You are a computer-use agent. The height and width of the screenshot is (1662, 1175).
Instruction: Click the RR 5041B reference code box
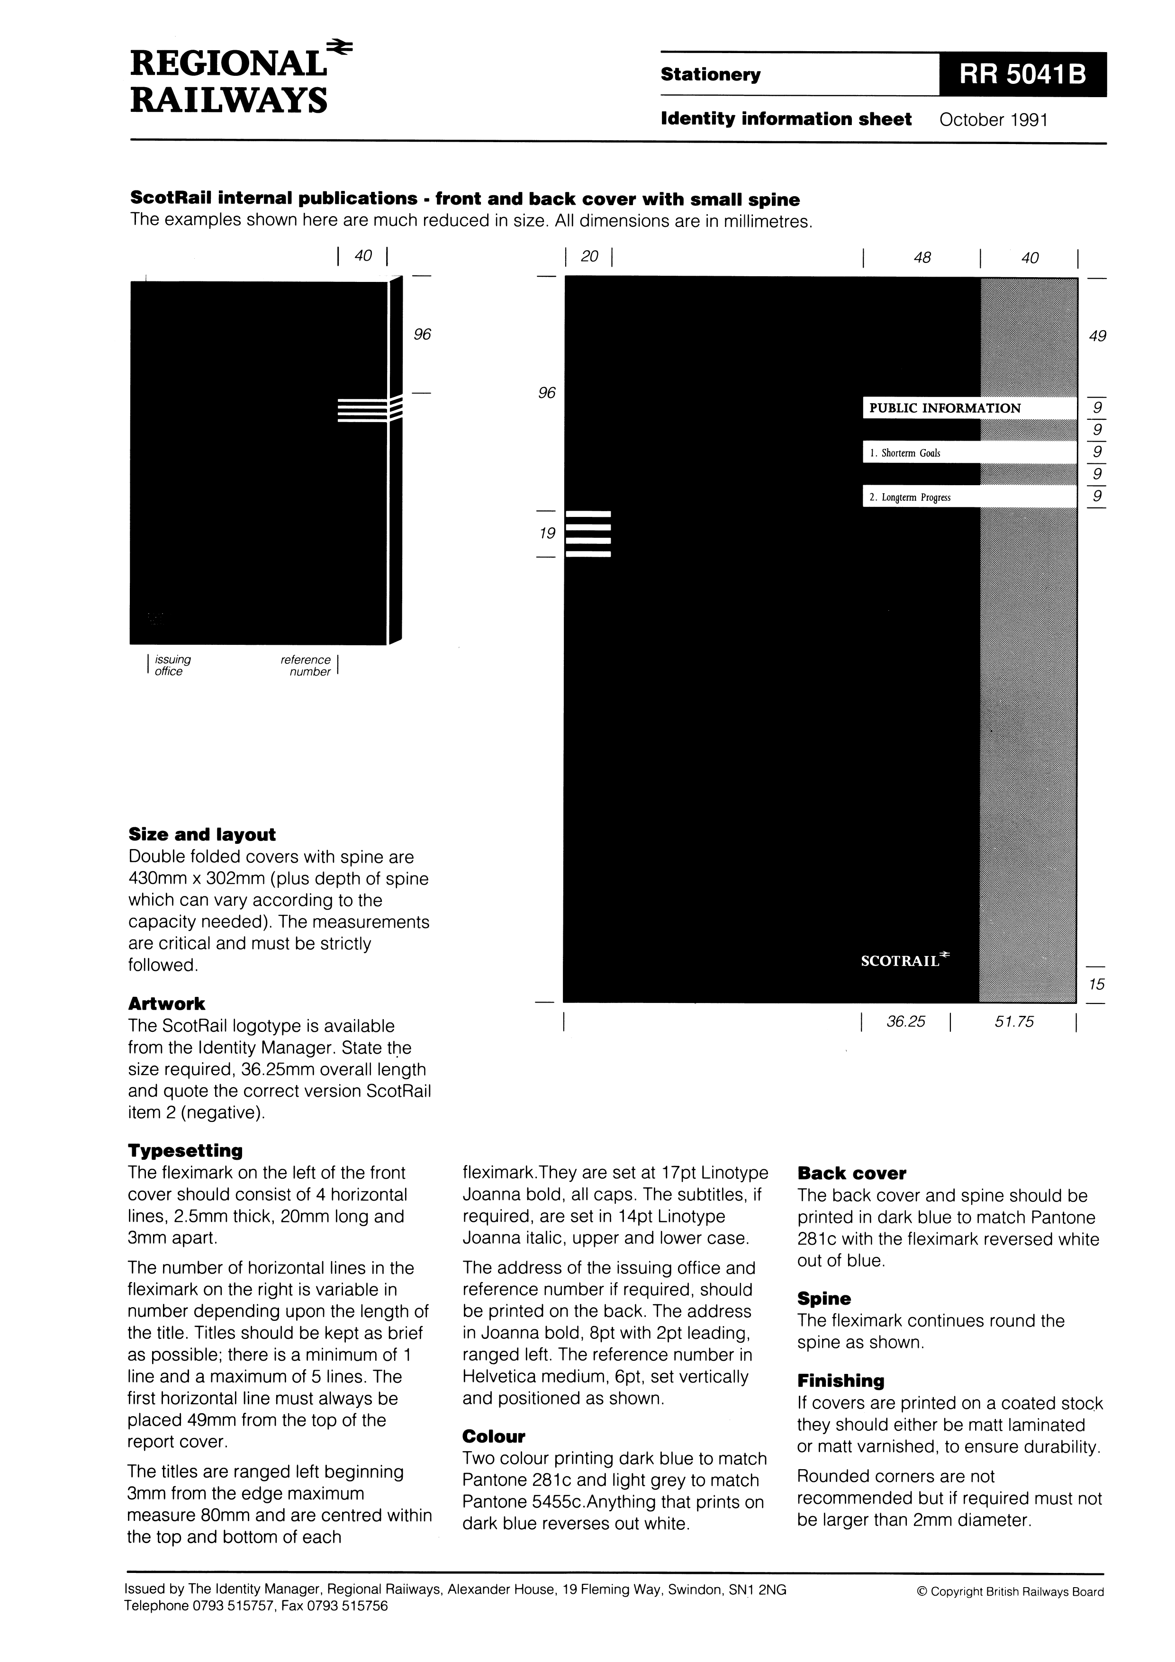point(1022,74)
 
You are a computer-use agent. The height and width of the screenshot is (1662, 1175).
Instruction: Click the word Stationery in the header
point(710,74)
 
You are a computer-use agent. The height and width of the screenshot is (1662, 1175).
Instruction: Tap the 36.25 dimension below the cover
point(906,1021)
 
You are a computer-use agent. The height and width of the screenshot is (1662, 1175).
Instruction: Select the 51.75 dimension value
point(1014,1021)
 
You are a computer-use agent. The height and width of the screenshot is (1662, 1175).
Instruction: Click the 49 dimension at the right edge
point(1098,336)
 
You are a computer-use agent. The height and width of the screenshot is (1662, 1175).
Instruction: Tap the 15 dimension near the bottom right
point(1097,985)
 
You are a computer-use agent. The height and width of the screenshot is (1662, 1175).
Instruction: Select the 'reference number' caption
point(306,665)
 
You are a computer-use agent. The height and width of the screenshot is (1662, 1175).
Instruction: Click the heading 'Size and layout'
point(202,835)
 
